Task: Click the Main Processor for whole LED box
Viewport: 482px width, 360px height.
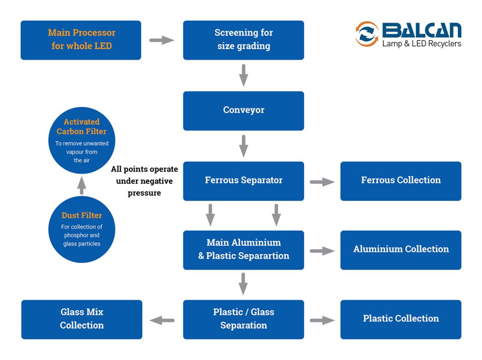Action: (81, 40)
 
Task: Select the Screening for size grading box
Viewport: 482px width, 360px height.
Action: (243, 40)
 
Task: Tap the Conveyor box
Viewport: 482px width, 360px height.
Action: (243, 111)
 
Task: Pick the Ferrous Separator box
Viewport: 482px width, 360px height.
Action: (243, 181)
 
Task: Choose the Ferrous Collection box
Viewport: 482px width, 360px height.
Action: (401, 181)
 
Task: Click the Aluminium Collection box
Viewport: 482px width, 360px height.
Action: (401, 250)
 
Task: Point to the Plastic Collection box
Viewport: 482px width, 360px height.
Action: (401, 319)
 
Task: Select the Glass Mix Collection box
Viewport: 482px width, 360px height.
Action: (82, 319)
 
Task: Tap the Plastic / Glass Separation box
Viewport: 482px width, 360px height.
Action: (243, 319)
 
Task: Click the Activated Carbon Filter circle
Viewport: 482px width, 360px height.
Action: (82, 140)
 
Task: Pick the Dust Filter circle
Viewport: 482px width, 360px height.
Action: (82, 229)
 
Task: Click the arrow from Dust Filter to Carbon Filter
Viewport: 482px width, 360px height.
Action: (82, 185)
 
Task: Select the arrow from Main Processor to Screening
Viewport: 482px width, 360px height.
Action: (162, 40)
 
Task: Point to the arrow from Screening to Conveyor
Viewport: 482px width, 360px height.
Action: (243, 75)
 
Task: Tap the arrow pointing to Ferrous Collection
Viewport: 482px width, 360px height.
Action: (322, 182)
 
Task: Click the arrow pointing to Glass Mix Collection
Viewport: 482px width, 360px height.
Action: (162, 320)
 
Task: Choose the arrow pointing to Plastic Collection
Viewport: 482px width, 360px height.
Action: (322, 320)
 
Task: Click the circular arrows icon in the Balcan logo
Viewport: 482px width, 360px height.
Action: (367, 34)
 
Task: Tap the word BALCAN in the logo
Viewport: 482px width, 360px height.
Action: (422, 30)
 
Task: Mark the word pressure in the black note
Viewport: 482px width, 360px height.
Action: (144, 193)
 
